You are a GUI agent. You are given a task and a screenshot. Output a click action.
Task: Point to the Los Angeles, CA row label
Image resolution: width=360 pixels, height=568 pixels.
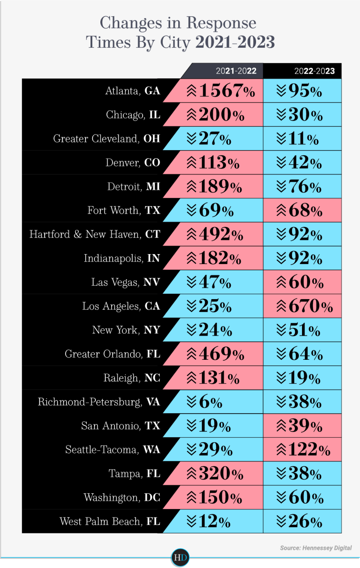[121, 306]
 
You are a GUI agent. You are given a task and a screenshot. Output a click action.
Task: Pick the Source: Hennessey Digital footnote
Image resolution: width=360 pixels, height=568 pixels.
[315, 548]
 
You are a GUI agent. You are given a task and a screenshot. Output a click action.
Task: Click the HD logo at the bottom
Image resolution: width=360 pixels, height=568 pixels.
[180, 558]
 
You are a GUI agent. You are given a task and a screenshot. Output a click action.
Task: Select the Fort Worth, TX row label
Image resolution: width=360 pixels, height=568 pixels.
[124, 210]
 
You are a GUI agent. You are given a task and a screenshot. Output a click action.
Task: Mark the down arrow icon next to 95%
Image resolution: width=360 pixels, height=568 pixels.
[281, 91]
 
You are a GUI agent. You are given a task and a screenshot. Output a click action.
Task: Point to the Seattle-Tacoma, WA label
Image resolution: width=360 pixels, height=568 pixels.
[112, 449]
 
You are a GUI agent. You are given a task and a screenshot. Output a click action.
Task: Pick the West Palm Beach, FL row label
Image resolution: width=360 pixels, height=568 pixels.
[110, 521]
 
